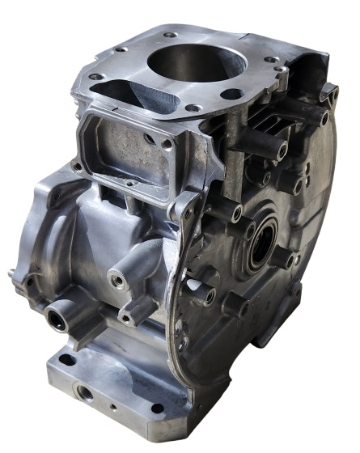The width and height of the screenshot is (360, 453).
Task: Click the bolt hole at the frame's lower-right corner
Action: click(x=167, y=144)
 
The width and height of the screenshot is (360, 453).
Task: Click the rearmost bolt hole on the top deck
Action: click(x=169, y=35)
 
